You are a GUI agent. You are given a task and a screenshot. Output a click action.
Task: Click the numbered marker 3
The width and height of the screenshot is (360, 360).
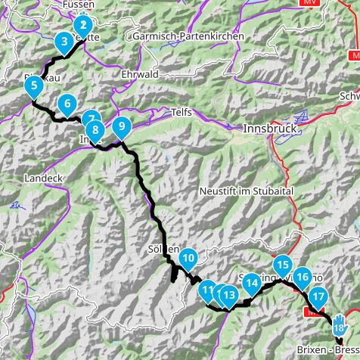65,42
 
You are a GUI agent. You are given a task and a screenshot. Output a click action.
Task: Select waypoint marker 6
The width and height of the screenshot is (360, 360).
67,104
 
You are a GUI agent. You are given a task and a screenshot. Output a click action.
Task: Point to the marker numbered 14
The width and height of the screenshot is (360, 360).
253,283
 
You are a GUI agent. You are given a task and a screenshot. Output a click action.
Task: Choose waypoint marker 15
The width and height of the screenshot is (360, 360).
282,265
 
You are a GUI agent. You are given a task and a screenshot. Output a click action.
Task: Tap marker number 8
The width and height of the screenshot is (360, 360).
95,129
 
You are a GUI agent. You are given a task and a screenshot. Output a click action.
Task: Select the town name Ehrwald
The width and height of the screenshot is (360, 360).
139,75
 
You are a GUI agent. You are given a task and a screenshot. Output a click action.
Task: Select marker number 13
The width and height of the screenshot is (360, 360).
228,294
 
